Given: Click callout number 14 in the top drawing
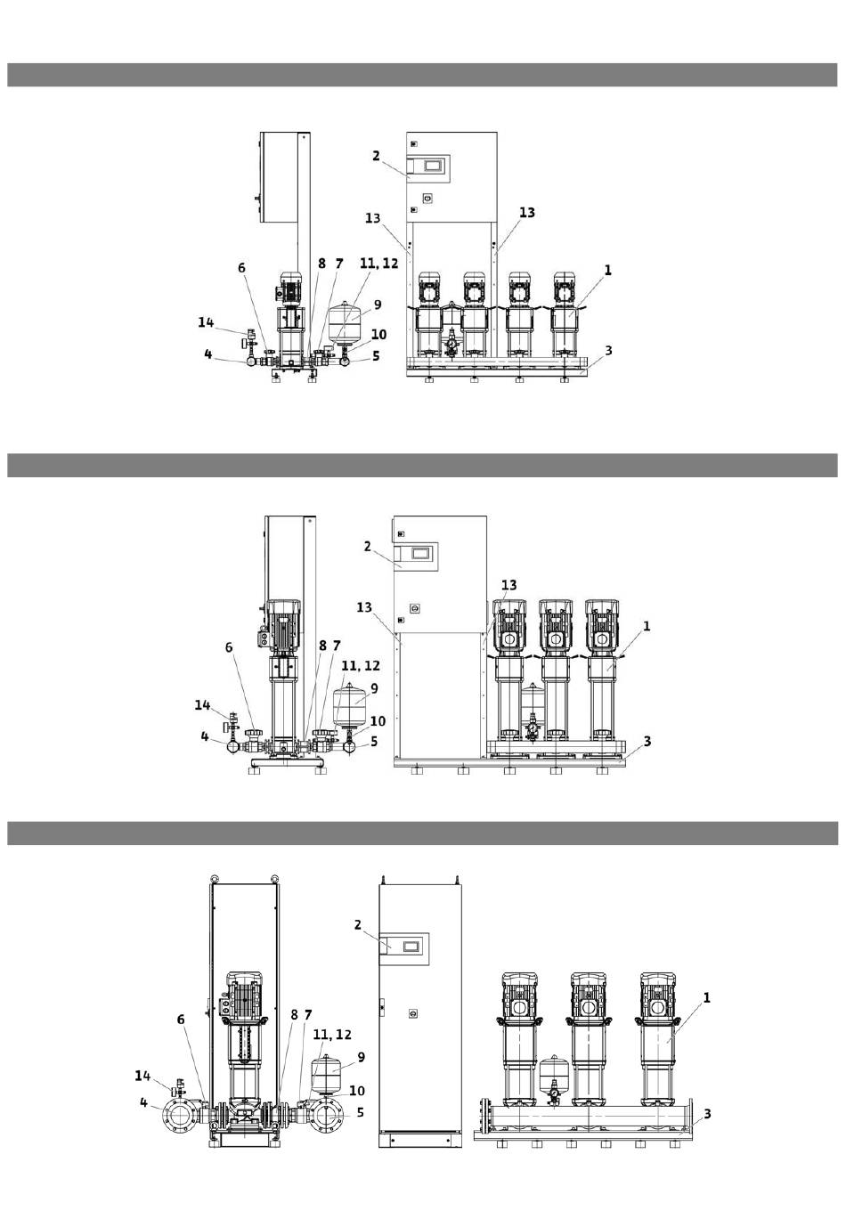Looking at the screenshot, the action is pos(206,322).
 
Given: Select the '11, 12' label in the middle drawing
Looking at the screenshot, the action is pos(361,665).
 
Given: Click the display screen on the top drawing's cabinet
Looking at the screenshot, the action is pos(434,165).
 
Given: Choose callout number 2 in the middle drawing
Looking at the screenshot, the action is pos(368,546).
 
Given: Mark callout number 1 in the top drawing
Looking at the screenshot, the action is pos(607,270).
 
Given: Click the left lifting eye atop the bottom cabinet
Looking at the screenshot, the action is pos(215,878).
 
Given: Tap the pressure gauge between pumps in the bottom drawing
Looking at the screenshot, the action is pos(554,1092).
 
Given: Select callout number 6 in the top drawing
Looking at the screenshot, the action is pos(241,268).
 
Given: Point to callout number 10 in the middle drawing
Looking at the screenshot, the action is pos(378,721).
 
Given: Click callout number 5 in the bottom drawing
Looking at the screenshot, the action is pos(360,1113).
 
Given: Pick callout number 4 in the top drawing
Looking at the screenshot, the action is pos(208,354).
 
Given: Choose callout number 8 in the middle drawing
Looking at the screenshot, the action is pos(322,645).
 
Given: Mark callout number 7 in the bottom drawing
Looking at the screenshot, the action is pos(307,1015).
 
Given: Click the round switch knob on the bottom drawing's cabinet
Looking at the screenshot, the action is pos(413,1013).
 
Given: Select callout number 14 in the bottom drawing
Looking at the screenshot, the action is pos(142,1076).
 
